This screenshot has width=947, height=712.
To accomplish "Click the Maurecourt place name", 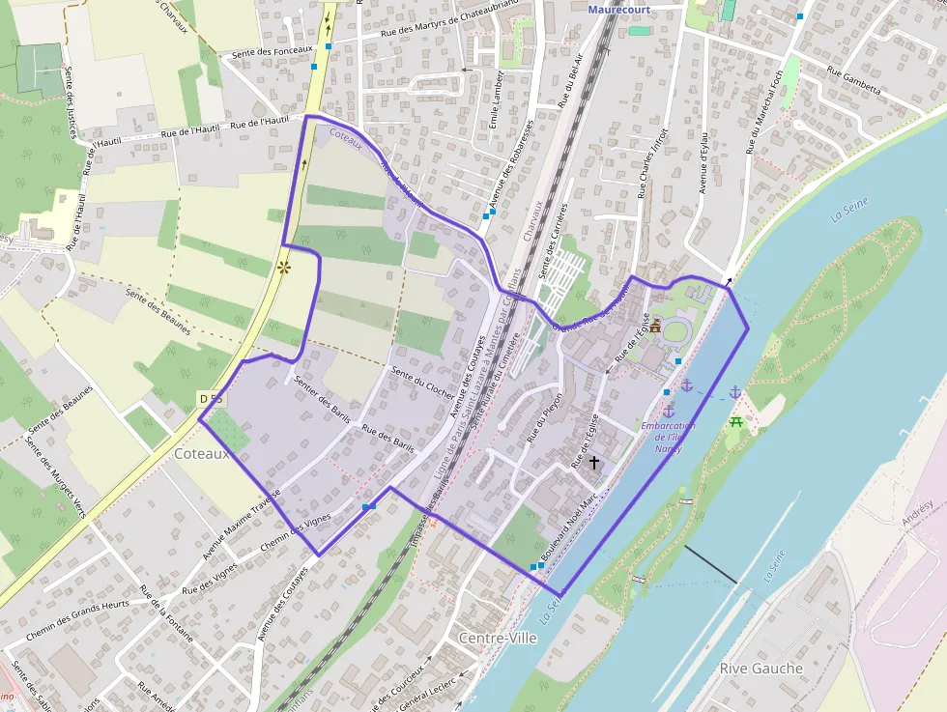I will point(619,10).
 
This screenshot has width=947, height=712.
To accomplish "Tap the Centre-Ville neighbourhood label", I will point(498,639).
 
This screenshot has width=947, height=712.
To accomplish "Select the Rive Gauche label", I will point(760,669).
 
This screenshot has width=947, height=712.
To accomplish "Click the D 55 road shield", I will point(211,399).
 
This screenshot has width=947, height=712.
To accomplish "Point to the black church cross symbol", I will point(593,464).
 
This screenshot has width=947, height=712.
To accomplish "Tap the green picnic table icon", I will point(735,421).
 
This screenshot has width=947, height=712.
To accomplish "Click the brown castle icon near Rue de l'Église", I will point(655,326).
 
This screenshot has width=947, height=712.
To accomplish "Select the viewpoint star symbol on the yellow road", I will point(284,267).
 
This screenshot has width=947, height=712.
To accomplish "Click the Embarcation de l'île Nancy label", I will point(668,437).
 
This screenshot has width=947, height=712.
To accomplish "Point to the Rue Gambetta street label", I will point(855,80).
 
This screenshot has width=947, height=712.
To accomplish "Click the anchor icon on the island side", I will point(734,391).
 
